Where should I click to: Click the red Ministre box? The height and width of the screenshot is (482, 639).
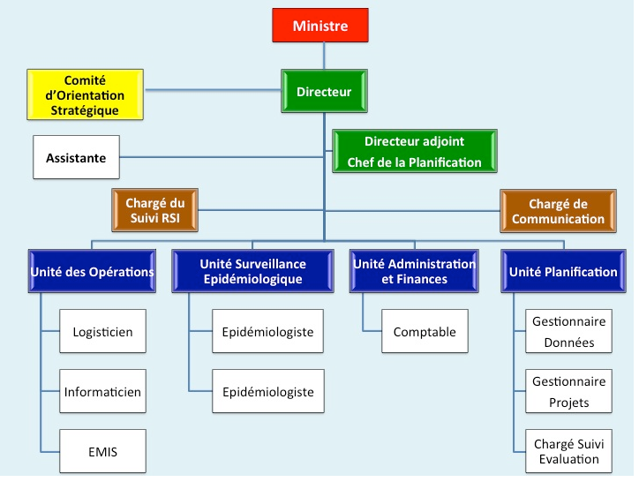(x=319, y=26)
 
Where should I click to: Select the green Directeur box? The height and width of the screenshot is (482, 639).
(x=324, y=92)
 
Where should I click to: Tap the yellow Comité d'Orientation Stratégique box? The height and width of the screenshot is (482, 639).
(x=85, y=95)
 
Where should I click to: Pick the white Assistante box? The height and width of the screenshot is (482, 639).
(x=76, y=159)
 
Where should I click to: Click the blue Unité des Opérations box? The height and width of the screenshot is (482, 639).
(x=91, y=272)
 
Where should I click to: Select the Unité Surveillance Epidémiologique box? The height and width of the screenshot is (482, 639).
(x=252, y=272)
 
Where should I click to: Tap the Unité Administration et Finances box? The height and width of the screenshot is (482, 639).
(x=413, y=272)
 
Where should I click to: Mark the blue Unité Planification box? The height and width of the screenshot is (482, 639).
(x=562, y=272)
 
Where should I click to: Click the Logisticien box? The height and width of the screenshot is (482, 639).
(x=102, y=333)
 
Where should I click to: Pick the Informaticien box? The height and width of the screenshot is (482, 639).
(x=102, y=391)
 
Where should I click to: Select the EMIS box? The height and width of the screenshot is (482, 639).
(x=102, y=452)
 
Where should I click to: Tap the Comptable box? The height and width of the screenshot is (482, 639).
(x=425, y=332)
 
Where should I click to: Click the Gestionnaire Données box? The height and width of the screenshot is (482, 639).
(x=568, y=333)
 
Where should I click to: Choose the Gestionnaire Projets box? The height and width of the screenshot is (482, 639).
(x=568, y=392)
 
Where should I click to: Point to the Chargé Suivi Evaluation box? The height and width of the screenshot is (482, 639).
(x=568, y=451)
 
